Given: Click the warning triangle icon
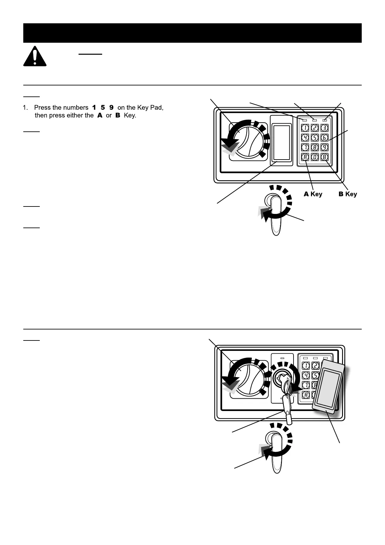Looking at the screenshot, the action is [35, 57].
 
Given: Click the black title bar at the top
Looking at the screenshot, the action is [192, 33].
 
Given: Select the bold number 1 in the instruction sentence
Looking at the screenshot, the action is [94, 107].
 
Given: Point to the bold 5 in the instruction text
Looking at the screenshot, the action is [103, 107].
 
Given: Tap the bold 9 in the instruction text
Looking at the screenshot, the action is [111, 107].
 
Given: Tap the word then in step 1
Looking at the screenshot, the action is [41, 115].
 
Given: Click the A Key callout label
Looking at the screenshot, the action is [313, 194].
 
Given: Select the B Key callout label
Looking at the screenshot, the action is [348, 194].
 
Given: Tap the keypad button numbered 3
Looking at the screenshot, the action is [325, 128].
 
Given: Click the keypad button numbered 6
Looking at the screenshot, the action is [325, 138].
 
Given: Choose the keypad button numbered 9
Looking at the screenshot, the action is [325, 148].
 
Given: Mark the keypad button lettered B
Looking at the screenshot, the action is [325, 158].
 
